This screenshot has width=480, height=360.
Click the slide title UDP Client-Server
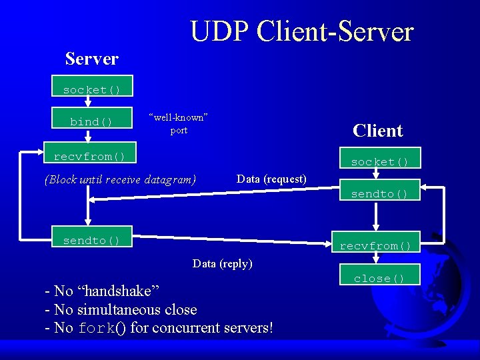[301, 31]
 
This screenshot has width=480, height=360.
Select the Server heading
[92, 59]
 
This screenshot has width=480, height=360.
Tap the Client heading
[377, 131]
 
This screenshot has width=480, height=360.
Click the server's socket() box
[92, 89]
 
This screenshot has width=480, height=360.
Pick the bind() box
[92, 121]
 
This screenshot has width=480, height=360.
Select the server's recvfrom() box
[89, 157]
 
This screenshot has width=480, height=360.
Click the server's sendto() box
[92, 241]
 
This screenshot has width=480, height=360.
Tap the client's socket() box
[379, 162]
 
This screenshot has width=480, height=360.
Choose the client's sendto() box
[379, 194]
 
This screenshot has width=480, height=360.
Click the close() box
[379, 278]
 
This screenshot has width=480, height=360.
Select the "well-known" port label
[179, 124]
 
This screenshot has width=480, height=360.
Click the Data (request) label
[271, 179]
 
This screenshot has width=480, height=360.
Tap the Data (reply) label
[223, 263]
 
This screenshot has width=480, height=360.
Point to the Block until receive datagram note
[120, 179]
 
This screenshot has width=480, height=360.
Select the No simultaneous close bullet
[121, 309]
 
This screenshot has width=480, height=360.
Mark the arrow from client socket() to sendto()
[376, 174]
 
